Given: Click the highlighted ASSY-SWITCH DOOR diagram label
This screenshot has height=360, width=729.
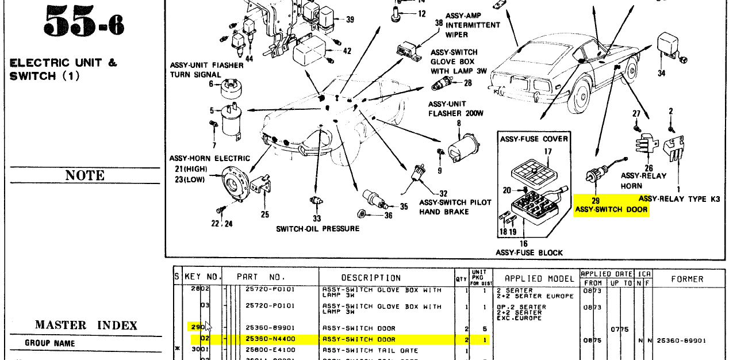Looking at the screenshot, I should (x=611, y=210).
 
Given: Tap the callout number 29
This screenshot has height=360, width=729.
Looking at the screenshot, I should (x=596, y=201).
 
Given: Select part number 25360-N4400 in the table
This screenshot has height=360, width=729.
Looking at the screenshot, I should (x=270, y=339).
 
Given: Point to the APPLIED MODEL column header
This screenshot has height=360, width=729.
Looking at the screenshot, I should (x=531, y=279).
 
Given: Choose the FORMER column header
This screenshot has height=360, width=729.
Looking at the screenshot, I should (x=687, y=279).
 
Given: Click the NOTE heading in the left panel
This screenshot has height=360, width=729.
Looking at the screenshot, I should (x=85, y=175).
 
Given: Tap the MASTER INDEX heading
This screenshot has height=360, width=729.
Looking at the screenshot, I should (x=86, y=325).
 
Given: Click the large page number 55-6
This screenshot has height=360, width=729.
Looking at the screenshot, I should (x=83, y=23).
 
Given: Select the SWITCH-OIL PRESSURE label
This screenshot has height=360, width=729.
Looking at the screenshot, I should (x=317, y=229).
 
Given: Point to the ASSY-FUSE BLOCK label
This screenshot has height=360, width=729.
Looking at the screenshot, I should (x=529, y=252).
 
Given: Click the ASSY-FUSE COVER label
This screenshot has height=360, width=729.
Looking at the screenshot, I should (x=534, y=139).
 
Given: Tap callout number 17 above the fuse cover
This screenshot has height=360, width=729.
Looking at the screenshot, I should (x=548, y=152).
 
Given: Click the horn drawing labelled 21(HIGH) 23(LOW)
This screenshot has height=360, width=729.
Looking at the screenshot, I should (x=235, y=183).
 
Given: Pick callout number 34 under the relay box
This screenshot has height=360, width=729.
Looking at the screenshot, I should (x=661, y=73).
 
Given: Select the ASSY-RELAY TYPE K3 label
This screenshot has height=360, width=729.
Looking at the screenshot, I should (x=679, y=199).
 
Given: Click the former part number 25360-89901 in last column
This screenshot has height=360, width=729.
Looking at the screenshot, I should (x=681, y=340).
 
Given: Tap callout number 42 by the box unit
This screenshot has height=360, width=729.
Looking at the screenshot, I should (x=347, y=51).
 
